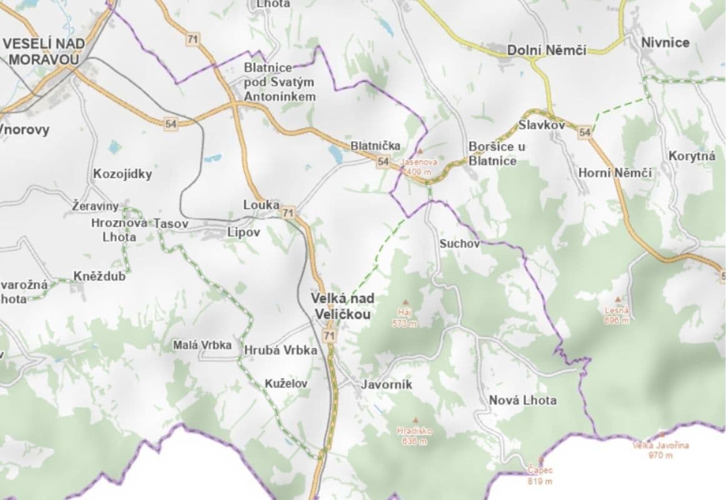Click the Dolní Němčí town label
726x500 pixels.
point(547,50)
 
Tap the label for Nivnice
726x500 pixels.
point(665,42)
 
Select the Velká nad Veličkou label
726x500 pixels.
point(342,306)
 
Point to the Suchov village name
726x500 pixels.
point(459,243)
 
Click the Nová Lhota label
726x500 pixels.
point(522,400)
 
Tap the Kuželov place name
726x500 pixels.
point(286,383)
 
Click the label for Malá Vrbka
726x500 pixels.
point(202,345)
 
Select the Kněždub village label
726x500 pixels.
point(99,276)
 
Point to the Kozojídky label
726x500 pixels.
point(122,174)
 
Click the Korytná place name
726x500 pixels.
point(692,156)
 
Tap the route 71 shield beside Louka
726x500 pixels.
point(288,213)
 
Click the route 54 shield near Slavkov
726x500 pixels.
point(584,132)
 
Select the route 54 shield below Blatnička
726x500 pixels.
point(384,162)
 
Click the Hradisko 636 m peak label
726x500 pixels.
point(414,436)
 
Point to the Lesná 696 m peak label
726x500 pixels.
point(617,314)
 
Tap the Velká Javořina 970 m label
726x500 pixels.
point(660,450)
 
